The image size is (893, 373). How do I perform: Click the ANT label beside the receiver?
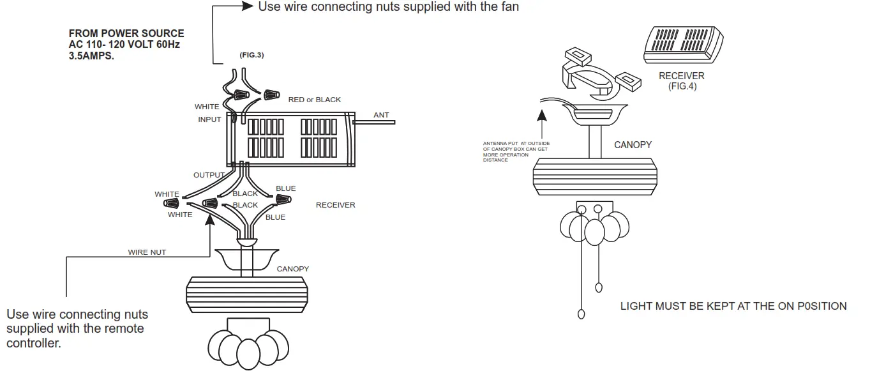(x=381, y=115)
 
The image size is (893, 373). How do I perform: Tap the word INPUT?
(x=209, y=119)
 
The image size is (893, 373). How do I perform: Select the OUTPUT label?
(x=209, y=175)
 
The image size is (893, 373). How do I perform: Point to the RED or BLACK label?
(x=315, y=100)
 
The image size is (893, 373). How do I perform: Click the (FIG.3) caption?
(x=251, y=56)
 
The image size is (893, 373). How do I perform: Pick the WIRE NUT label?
(x=147, y=252)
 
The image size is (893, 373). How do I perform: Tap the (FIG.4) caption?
(x=682, y=86)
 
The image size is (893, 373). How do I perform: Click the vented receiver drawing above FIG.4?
(x=682, y=44)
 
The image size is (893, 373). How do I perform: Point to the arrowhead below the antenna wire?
(x=541, y=116)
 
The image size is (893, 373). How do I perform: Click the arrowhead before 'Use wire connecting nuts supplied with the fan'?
(x=248, y=6)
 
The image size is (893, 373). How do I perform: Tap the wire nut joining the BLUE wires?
(x=281, y=200)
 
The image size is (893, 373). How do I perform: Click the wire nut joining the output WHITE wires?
(x=172, y=204)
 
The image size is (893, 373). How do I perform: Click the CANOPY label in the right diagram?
(x=633, y=145)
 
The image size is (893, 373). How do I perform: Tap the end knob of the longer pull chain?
(x=582, y=314)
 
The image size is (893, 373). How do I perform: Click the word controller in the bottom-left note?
(x=33, y=344)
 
